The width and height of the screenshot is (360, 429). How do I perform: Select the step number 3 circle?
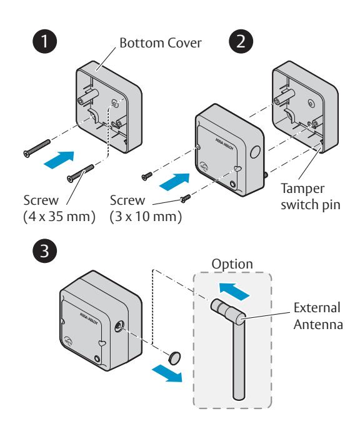[x=45, y=250]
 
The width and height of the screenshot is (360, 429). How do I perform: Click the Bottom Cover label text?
[x=161, y=43]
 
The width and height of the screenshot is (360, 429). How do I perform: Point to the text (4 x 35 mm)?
[x=59, y=217]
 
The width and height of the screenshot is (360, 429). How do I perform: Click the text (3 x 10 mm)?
[x=146, y=217]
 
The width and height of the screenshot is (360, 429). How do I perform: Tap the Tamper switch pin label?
[x=311, y=197]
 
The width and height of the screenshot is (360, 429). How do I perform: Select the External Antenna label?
[x=318, y=316]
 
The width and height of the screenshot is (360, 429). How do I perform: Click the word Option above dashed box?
[x=232, y=264]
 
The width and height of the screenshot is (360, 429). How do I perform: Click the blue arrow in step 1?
[x=59, y=160]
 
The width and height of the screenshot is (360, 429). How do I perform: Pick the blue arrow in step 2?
[x=174, y=182]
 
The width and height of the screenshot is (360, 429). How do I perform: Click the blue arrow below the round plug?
[x=167, y=373]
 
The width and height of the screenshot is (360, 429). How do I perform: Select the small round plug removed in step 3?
[x=174, y=358]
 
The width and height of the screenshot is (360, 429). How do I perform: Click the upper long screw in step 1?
[x=37, y=149]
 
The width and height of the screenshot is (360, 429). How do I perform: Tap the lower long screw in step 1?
[x=81, y=174]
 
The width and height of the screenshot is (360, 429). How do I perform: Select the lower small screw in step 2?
[x=186, y=199]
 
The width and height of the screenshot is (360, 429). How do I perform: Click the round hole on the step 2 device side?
[x=255, y=152]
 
